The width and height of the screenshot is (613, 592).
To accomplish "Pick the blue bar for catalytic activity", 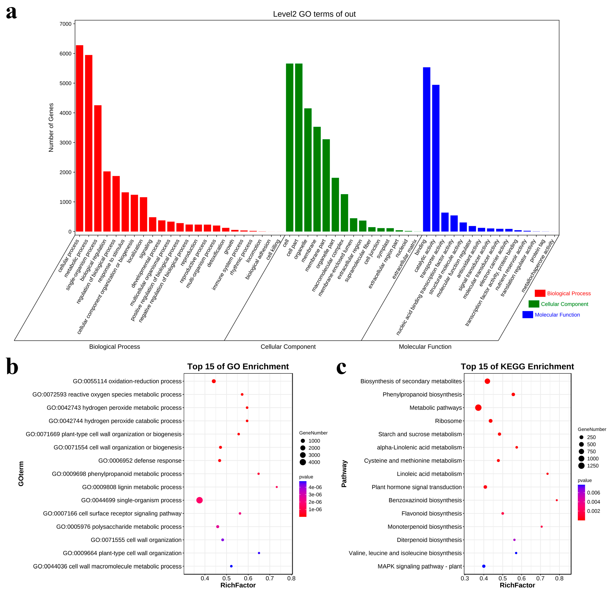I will click(436, 158).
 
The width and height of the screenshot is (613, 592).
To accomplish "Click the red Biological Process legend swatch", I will click(540, 293).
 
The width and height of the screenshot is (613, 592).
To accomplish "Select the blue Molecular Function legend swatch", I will click(528, 314).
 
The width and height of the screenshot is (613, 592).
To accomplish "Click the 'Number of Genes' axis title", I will click(51, 127).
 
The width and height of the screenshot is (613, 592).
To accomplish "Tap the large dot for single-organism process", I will click(200, 500).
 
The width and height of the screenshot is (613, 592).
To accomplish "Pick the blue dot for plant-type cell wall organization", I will click(259, 553).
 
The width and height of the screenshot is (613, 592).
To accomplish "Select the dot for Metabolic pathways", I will click(478, 408).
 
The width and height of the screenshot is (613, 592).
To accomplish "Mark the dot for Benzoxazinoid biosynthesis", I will click(557, 500).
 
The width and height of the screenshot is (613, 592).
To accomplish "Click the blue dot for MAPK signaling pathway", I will click(484, 566).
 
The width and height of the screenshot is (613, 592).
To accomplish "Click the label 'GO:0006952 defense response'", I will click(140, 460).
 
